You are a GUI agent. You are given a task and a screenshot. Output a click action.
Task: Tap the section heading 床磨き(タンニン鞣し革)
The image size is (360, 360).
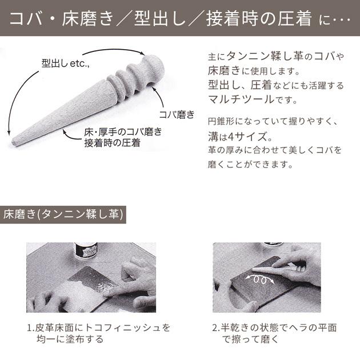click(x=63, y=215)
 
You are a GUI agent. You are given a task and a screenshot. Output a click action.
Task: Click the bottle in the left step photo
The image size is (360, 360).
click(x=86, y=251)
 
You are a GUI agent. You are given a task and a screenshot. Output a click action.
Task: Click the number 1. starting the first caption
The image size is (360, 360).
click(x=31, y=328)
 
